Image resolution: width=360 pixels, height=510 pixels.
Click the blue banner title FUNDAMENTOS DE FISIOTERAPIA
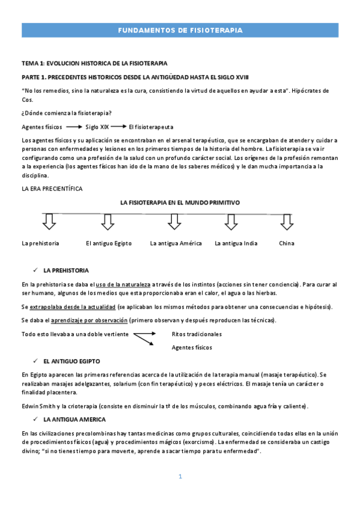(x=180, y=29)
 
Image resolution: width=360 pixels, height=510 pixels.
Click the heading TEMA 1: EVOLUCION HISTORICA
(x=94, y=63)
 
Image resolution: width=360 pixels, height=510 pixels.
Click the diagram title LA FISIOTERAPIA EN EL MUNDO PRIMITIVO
(x=180, y=203)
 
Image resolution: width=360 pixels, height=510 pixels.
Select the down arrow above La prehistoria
(x=49, y=222)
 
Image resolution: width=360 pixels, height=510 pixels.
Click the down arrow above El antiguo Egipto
(x=108, y=222)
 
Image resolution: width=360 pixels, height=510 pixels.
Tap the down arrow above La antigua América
(x=174, y=222)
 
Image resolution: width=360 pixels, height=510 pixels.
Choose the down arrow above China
(x=286, y=222)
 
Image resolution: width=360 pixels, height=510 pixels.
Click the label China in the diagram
(x=287, y=244)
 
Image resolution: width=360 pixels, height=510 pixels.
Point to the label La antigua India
(x=236, y=244)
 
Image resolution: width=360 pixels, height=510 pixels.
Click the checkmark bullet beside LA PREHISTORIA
(x=37, y=270)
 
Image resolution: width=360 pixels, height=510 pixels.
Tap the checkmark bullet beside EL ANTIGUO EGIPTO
(x=37, y=361)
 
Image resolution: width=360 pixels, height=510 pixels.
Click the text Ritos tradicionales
(x=197, y=334)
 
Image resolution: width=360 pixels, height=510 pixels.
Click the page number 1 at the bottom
(x=180, y=476)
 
